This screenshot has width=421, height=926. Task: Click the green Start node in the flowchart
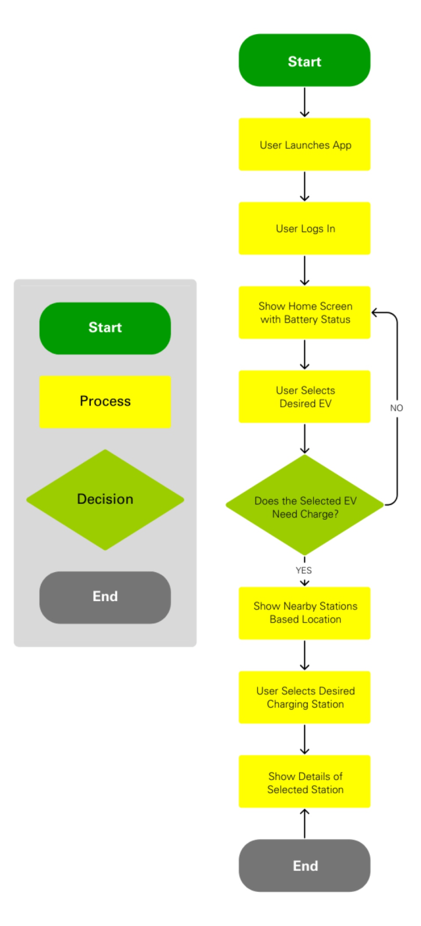pyautogui.click(x=305, y=61)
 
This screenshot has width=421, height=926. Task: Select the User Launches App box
pyautogui.click(x=305, y=145)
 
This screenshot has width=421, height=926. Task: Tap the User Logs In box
pyautogui.click(x=305, y=229)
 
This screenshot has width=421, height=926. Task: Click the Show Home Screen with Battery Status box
pyautogui.click(x=305, y=313)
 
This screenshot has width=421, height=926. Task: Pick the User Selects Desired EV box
pyautogui.click(x=305, y=397)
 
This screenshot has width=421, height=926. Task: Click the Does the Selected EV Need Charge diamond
pyautogui.click(x=305, y=505)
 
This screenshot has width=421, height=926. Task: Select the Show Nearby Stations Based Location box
pyautogui.click(x=305, y=613)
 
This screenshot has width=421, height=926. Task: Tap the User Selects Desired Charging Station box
pyautogui.click(x=305, y=697)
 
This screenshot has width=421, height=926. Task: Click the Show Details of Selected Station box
pyautogui.click(x=305, y=782)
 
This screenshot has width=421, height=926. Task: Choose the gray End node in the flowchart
pyautogui.click(x=305, y=865)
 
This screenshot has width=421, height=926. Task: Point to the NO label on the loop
pyautogui.click(x=397, y=408)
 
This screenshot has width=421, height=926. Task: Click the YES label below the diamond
pyautogui.click(x=304, y=571)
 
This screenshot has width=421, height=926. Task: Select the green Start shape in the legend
pyautogui.click(x=105, y=328)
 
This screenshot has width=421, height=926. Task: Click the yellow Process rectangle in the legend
pyautogui.click(x=105, y=402)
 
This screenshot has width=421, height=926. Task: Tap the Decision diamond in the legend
pyautogui.click(x=105, y=500)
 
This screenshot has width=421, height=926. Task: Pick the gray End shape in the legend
pyautogui.click(x=105, y=597)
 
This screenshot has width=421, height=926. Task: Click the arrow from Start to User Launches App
pyautogui.click(x=305, y=103)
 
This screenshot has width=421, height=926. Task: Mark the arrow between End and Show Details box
pyautogui.click(x=305, y=823)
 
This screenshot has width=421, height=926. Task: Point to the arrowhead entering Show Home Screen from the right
pyautogui.click(x=376, y=313)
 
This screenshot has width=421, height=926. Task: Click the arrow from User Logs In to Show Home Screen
pyautogui.click(x=305, y=270)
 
